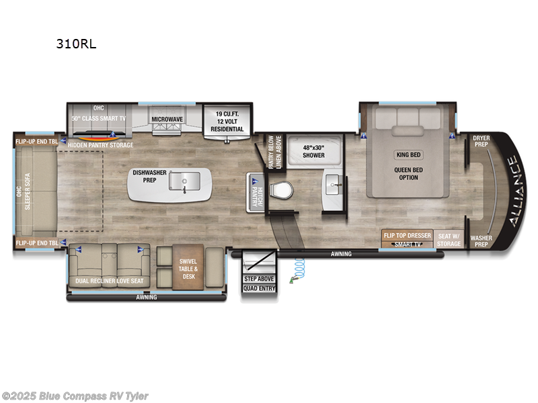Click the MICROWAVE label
pos(167,119)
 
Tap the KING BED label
pos(408,154)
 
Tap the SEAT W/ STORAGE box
pos(450,239)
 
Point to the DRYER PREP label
pos(482,142)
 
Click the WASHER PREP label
pos(482,241)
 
